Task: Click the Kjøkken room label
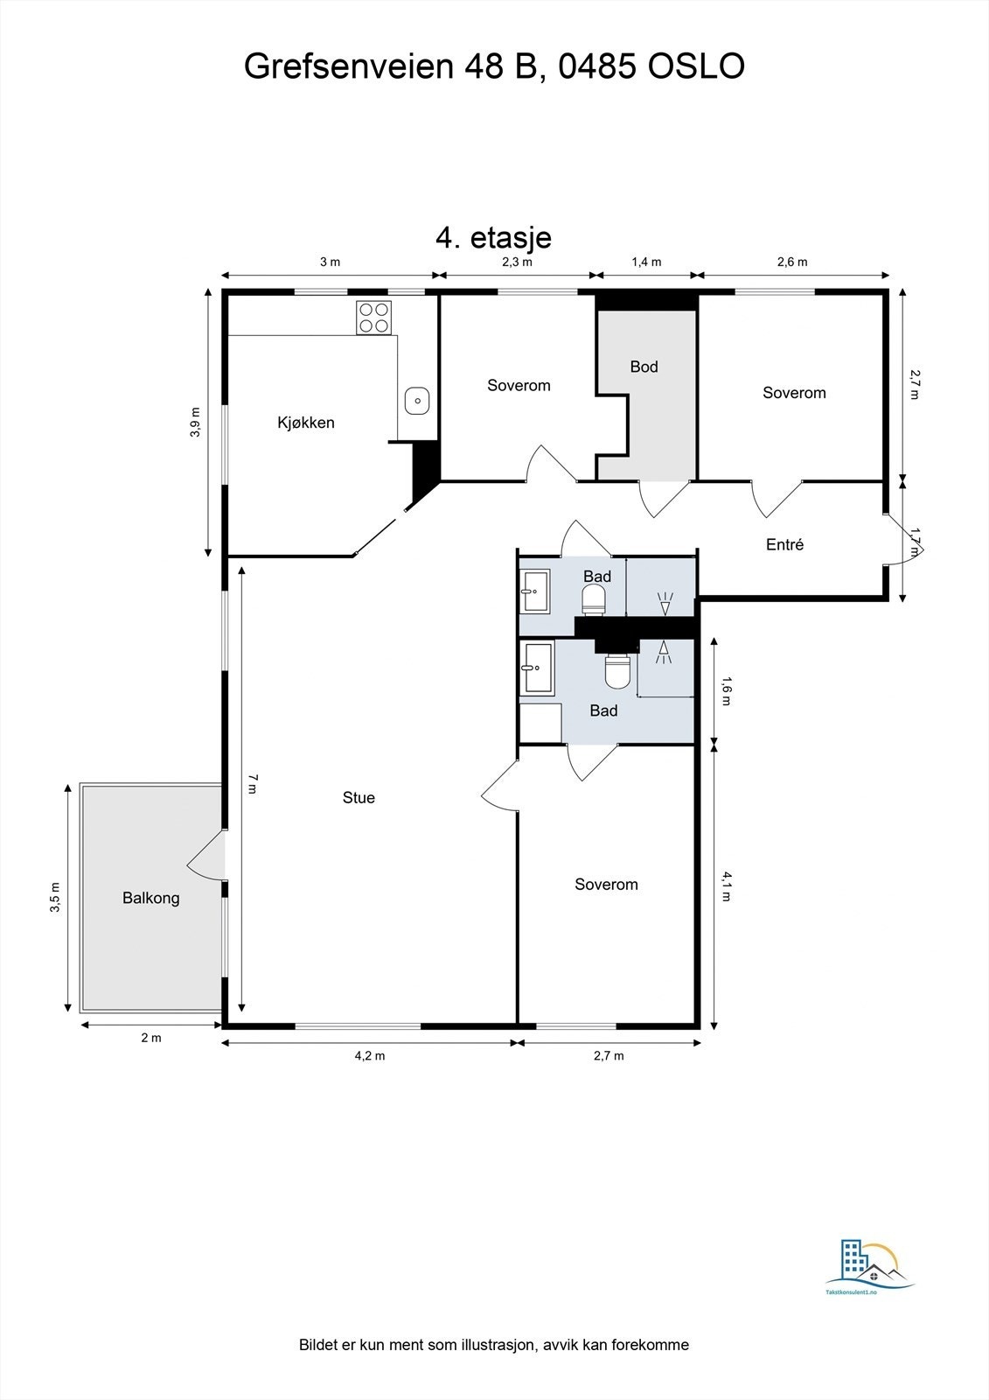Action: [305, 423]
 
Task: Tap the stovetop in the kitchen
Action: [373, 318]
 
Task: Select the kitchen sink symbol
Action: [417, 401]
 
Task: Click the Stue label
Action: [359, 797]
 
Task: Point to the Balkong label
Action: [150, 898]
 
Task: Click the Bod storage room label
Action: [644, 367]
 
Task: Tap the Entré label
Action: [784, 544]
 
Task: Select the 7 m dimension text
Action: [252, 783]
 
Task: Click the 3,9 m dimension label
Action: [196, 422]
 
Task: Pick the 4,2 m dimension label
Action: [370, 1055]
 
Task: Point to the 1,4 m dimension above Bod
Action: [646, 262]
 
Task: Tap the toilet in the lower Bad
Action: [617, 670]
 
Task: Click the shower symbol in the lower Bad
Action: [664, 653]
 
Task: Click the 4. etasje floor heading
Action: [493, 237]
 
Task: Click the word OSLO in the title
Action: [695, 66]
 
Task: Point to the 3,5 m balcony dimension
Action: [56, 898]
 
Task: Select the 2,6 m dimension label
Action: [792, 262]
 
